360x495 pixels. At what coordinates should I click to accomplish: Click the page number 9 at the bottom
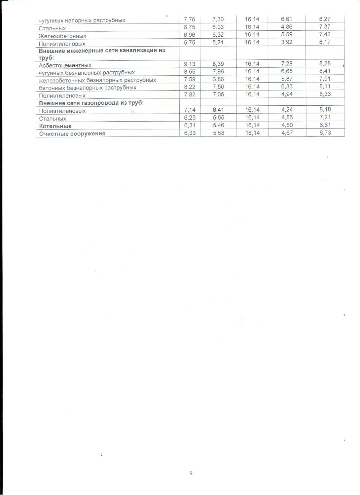pyautogui.click(x=191, y=473)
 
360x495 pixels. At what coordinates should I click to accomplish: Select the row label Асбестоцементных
pyautogui.click(x=65, y=65)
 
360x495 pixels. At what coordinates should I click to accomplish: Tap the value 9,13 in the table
pyautogui.click(x=190, y=64)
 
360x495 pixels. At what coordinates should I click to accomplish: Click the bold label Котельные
pyautogui.click(x=55, y=126)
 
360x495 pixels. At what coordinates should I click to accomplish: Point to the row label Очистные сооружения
pyautogui.click(x=72, y=134)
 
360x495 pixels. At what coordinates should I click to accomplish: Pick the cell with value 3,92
pyautogui.click(x=287, y=42)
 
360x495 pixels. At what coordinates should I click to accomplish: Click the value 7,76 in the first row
pyautogui.click(x=190, y=19)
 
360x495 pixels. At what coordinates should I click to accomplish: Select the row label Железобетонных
pyautogui.click(x=62, y=36)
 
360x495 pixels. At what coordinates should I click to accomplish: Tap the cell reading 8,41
pyautogui.click(x=325, y=71)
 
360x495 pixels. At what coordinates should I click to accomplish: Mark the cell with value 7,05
pyautogui.click(x=218, y=94)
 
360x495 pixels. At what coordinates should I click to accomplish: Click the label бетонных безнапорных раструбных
pyautogui.click(x=88, y=88)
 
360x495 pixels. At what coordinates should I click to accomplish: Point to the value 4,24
pyautogui.click(x=287, y=110)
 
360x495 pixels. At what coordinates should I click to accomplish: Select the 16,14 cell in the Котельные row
pyautogui.click(x=252, y=125)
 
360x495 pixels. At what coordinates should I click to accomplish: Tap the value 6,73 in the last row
pyautogui.click(x=325, y=133)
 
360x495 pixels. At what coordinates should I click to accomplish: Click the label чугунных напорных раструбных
pyautogui.click(x=82, y=20)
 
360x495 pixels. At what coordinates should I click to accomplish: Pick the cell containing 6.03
pyautogui.click(x=218, y=27)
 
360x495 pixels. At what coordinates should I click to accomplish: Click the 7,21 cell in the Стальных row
pyautogui.click(x=325, y=118)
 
